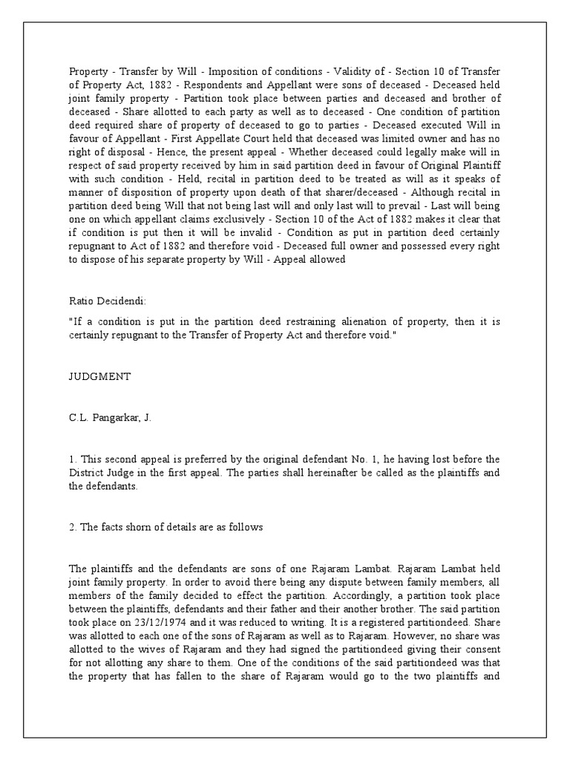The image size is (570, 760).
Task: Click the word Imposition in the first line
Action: (x=236, y=71)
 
